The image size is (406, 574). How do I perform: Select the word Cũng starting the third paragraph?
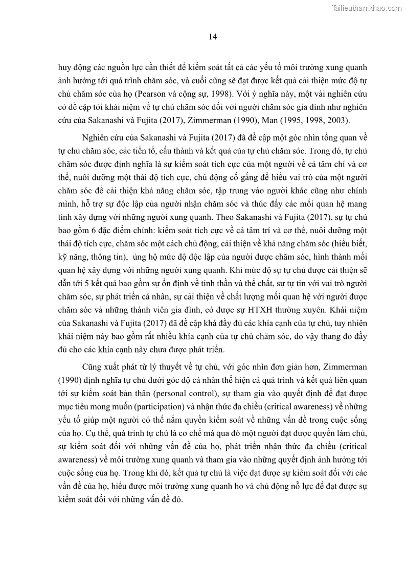tap(93, 367)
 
